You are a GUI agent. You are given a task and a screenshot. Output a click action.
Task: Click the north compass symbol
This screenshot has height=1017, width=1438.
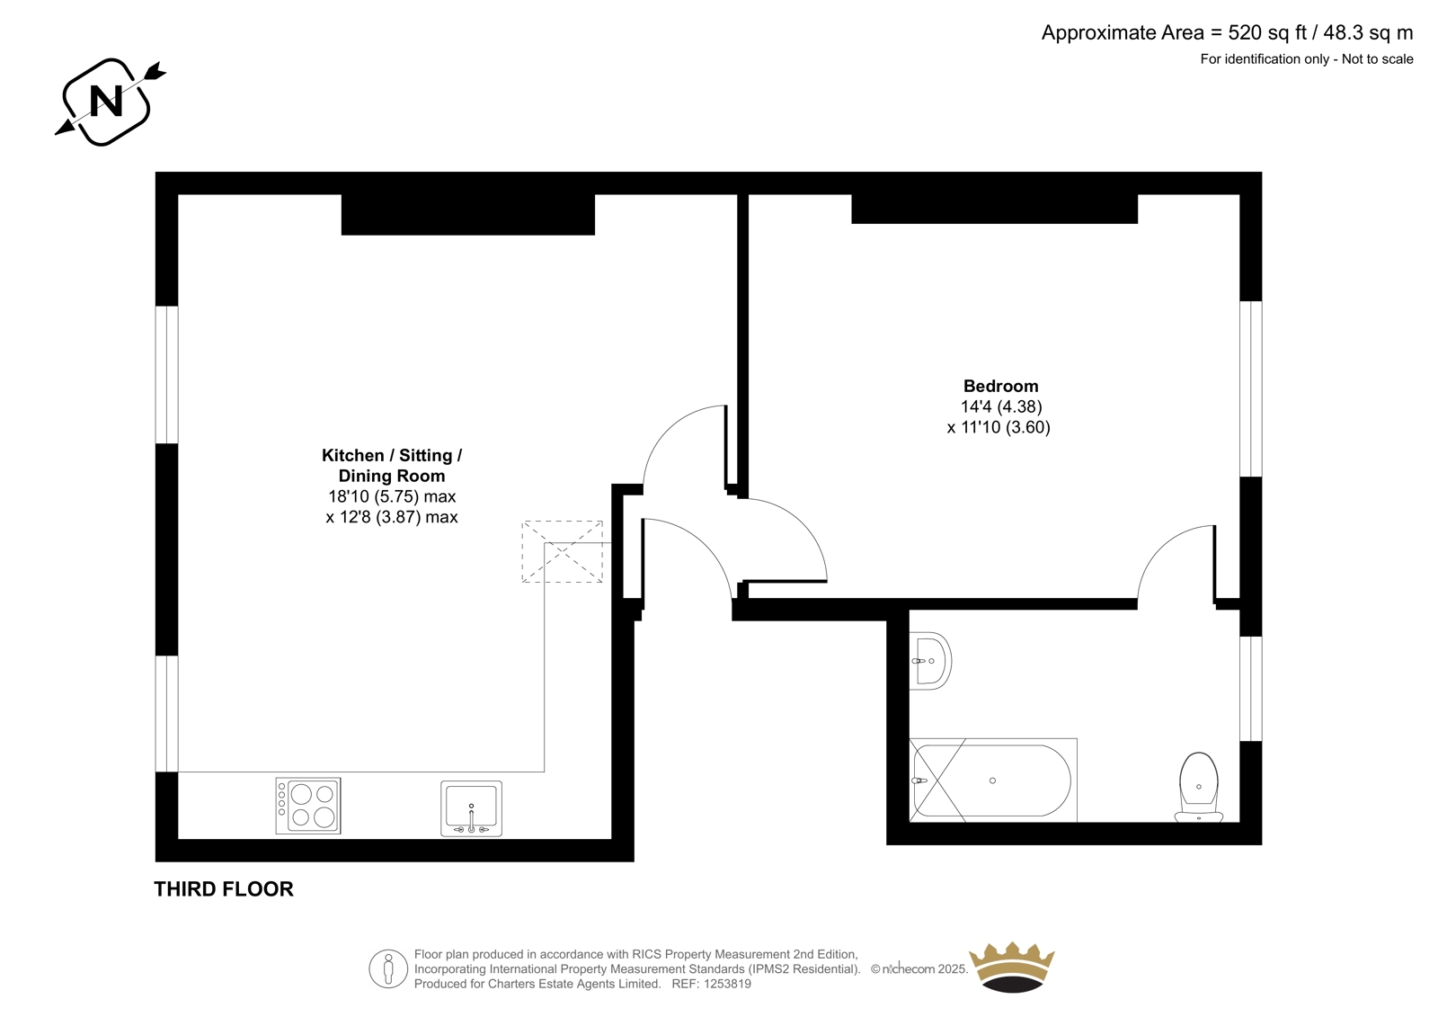click(107, 102)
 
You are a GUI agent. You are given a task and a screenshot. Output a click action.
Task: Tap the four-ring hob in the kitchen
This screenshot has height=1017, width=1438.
click(308, 806)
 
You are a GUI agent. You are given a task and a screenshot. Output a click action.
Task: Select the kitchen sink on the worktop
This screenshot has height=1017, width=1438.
click(471, 809)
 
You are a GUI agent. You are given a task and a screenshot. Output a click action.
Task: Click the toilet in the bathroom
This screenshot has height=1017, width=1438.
click(1199, 788)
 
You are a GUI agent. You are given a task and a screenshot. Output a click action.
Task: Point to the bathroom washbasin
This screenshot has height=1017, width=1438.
click(930, 661)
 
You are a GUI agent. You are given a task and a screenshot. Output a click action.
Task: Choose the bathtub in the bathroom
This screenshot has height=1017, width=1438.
click(993, 781)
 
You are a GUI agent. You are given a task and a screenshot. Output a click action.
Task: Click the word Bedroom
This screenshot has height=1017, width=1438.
click(1001, 386)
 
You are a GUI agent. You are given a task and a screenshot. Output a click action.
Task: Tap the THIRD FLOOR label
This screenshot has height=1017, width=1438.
click(224, 889)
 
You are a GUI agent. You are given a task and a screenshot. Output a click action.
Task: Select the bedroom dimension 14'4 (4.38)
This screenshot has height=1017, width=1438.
click(1001, 406)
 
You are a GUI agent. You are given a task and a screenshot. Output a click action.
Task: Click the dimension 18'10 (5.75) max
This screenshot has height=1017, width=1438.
click(392, 496)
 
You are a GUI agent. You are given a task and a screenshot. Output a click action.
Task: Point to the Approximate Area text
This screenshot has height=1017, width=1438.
click(1227, 32)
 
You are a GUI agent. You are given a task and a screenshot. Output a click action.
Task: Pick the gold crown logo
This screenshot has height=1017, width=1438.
click(1012, 968)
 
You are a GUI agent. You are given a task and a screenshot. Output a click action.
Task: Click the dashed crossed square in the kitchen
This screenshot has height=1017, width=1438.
click(563, 552)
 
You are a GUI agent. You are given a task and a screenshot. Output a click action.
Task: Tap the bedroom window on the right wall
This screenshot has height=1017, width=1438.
click(1251, 389)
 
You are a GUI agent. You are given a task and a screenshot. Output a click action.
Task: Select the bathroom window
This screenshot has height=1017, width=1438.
click(1251, 689)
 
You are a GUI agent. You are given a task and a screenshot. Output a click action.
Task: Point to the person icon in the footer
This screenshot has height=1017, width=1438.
click(388, 969)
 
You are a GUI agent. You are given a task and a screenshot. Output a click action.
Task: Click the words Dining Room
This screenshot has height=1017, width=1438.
click(392, 476)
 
